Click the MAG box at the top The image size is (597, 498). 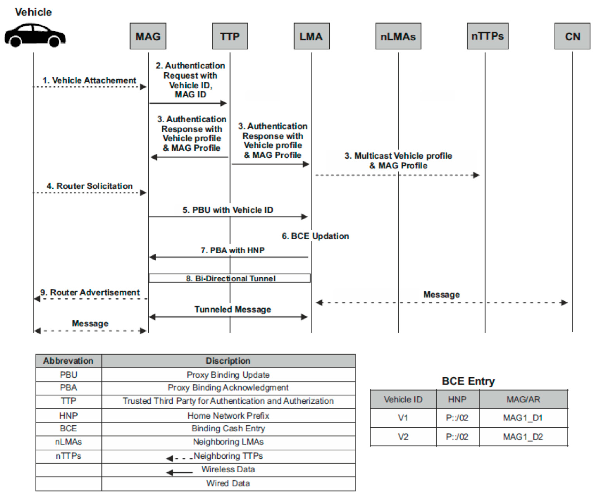148,36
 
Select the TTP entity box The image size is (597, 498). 230,36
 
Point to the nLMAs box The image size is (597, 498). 398,36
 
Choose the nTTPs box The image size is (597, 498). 487,36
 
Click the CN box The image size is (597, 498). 572,36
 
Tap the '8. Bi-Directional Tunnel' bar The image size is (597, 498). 230,278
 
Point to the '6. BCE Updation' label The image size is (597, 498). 315,236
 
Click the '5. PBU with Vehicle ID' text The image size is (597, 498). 228,210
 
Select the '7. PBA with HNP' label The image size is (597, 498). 233,250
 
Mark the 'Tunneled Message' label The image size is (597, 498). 233,309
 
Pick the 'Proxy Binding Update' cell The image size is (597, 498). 228,375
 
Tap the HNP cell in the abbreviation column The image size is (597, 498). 68,416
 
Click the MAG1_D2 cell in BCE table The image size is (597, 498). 523,437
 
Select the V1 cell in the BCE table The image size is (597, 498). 403,418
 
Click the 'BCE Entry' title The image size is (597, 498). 468,381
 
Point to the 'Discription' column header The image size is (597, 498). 228,361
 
